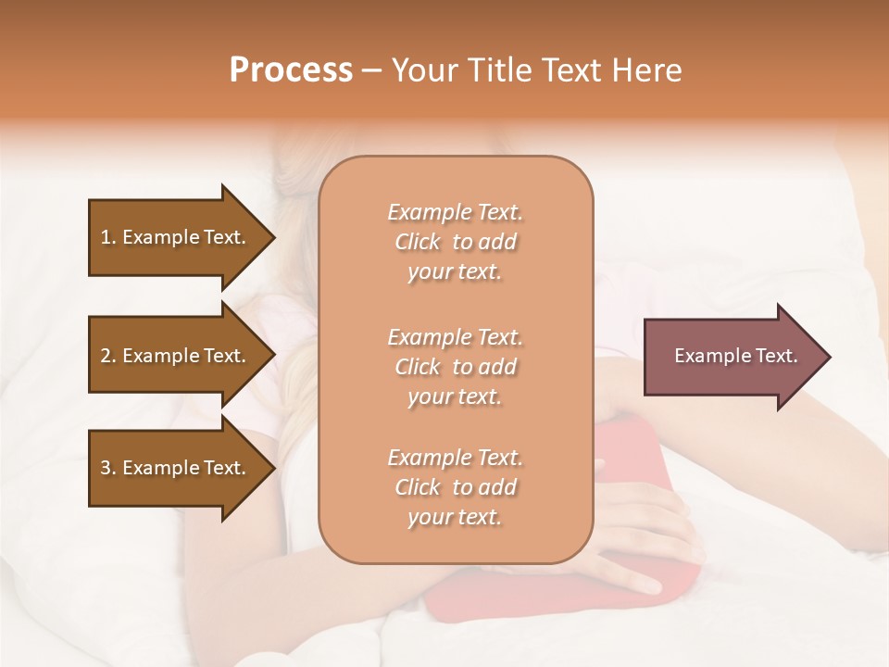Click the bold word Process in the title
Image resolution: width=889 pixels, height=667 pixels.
291,69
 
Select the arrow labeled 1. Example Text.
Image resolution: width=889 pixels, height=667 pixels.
176,237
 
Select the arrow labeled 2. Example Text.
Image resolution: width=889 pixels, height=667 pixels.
176,356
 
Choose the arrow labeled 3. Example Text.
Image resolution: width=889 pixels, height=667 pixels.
176,468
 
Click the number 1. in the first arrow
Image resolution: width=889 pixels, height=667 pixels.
108,237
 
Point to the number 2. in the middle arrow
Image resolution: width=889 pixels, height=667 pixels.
108,356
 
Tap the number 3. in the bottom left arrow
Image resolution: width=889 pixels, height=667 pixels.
108,468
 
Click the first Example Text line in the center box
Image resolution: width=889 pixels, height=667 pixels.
455,212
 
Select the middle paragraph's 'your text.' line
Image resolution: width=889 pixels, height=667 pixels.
455,396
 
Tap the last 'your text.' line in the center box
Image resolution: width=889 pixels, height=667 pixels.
455,518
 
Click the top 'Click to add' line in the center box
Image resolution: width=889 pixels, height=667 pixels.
455,242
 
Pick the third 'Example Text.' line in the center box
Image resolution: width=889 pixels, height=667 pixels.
455,458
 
